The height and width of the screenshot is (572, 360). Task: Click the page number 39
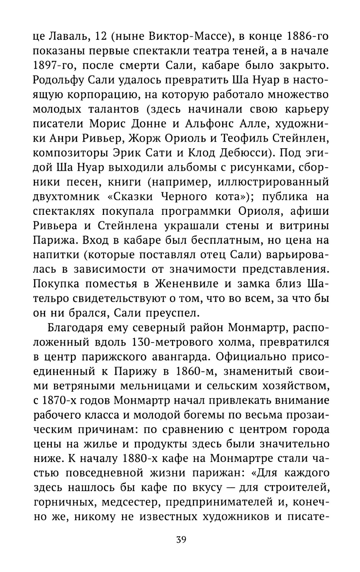[181, 540]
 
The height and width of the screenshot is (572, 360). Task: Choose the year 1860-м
[191, 371]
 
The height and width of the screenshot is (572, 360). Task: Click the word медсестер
[132, 502]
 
